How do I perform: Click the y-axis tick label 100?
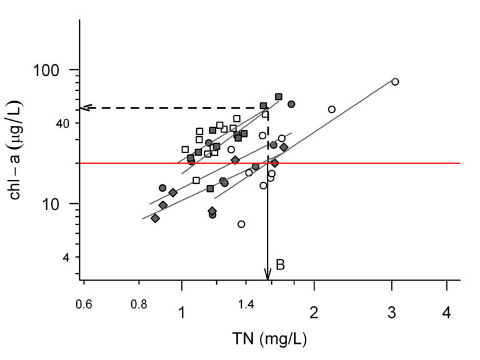48,69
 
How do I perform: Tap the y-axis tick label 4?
61,257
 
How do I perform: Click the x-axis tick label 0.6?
84,304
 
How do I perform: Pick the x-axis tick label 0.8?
139,304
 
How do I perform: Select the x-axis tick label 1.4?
247,304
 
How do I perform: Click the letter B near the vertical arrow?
281,266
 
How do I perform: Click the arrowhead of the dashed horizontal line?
86,107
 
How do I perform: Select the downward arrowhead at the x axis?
267,275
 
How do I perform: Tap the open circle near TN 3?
395,82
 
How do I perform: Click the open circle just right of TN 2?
332,109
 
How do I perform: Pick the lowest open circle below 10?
241,224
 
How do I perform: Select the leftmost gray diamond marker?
155,218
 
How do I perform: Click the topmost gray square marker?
279,97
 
